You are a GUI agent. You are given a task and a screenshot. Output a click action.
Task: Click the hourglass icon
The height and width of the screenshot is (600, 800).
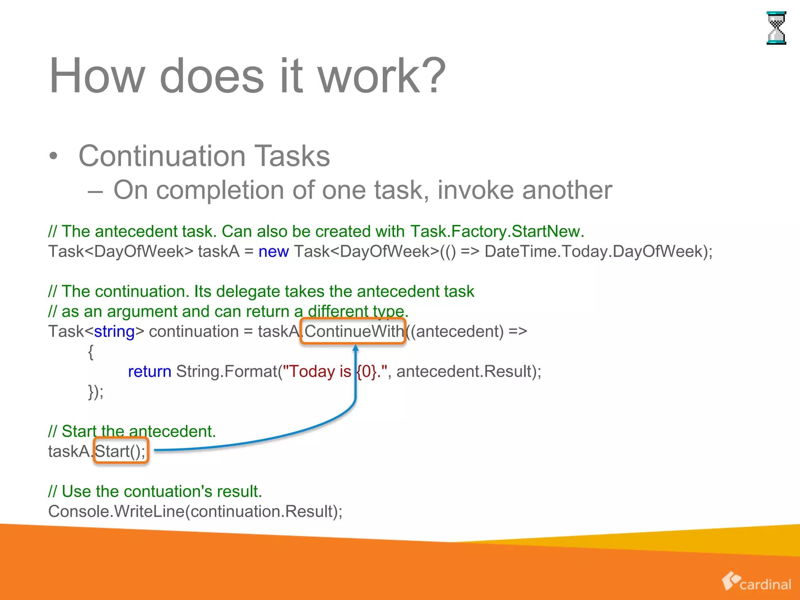776,28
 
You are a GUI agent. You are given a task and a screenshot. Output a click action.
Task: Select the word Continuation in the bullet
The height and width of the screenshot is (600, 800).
162,156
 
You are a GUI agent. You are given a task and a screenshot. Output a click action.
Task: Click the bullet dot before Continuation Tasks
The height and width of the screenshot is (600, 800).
54,157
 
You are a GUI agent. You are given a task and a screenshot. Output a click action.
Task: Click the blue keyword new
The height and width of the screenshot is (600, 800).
273,251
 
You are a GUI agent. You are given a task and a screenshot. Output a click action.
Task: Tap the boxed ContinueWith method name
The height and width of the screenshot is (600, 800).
353,331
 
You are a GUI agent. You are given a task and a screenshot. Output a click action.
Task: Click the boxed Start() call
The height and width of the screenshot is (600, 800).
121,451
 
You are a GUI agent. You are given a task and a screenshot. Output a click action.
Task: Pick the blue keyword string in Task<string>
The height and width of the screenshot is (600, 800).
114,331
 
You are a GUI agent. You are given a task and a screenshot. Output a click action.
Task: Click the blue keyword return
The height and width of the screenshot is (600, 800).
150,371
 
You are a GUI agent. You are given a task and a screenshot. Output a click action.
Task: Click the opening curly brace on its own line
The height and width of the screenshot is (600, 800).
91,352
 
